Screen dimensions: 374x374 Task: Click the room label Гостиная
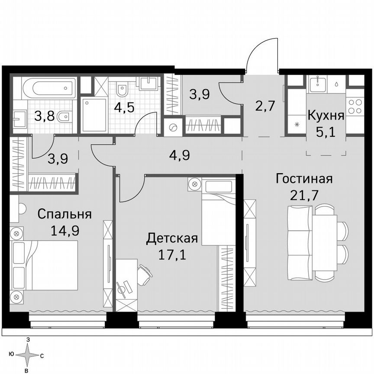pos(304,179)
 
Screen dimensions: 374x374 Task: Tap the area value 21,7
pos(304,194)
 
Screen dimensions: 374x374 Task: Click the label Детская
pos(172,238)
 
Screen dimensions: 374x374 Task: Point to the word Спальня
pos(64,214)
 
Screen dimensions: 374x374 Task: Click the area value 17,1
pos(172,254)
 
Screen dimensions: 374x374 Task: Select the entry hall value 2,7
pos(265,106)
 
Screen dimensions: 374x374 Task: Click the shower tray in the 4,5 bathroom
pos(94,115)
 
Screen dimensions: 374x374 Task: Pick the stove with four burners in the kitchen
pos(355,106)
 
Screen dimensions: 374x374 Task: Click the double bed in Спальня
pos(44,265)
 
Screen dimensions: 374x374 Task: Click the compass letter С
pos(42,356)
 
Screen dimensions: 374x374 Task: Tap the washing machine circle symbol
pos(173,128)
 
